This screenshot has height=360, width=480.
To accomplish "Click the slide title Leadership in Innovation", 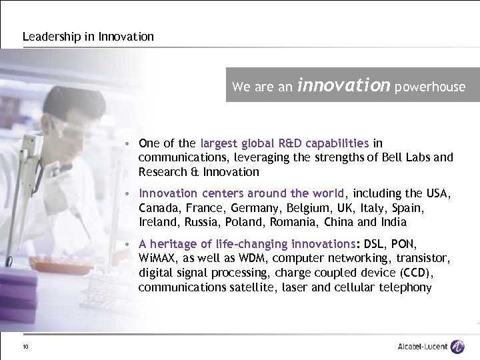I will pyautogui.click(x=88, y=37).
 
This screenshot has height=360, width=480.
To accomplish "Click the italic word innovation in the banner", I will pyautogui.click(x=343, y=85).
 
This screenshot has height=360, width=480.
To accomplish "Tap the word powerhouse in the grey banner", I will pyautogui.click(x=430, y=87).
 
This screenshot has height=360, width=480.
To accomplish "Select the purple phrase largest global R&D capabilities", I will pyautogui.click(x=284, y=143).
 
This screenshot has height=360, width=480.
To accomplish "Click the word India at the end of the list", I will pyautogui.click(x=393, y=222).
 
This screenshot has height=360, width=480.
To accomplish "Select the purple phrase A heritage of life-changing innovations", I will pyautogui.click(x=247, y=244).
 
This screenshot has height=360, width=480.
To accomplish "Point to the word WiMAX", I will pyautogui.click(x=157, y=259).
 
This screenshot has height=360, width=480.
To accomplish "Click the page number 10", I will pyautogui.click(x=25, y=347).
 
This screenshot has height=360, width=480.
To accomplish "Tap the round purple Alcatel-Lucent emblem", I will pyautogui.click(x=457, y=347).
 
